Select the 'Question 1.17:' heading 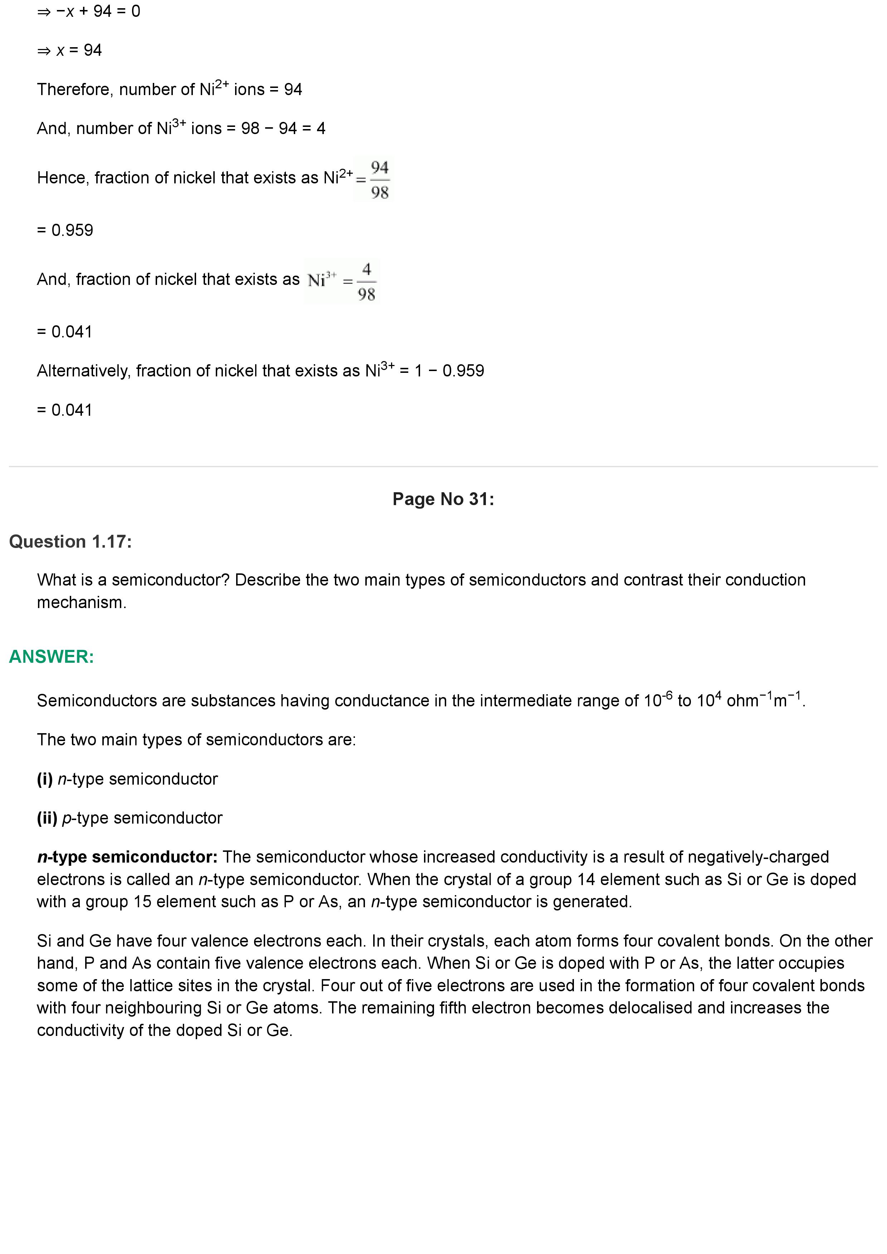[x=70, y=542]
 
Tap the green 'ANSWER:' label [x=52, y=657]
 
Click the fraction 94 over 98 [x=380, y=180]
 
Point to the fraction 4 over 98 [x=366, y=282]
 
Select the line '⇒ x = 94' [x=69, y=50]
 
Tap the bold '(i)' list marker [x=45, y=779]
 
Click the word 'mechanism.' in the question [x=82, y=602]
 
